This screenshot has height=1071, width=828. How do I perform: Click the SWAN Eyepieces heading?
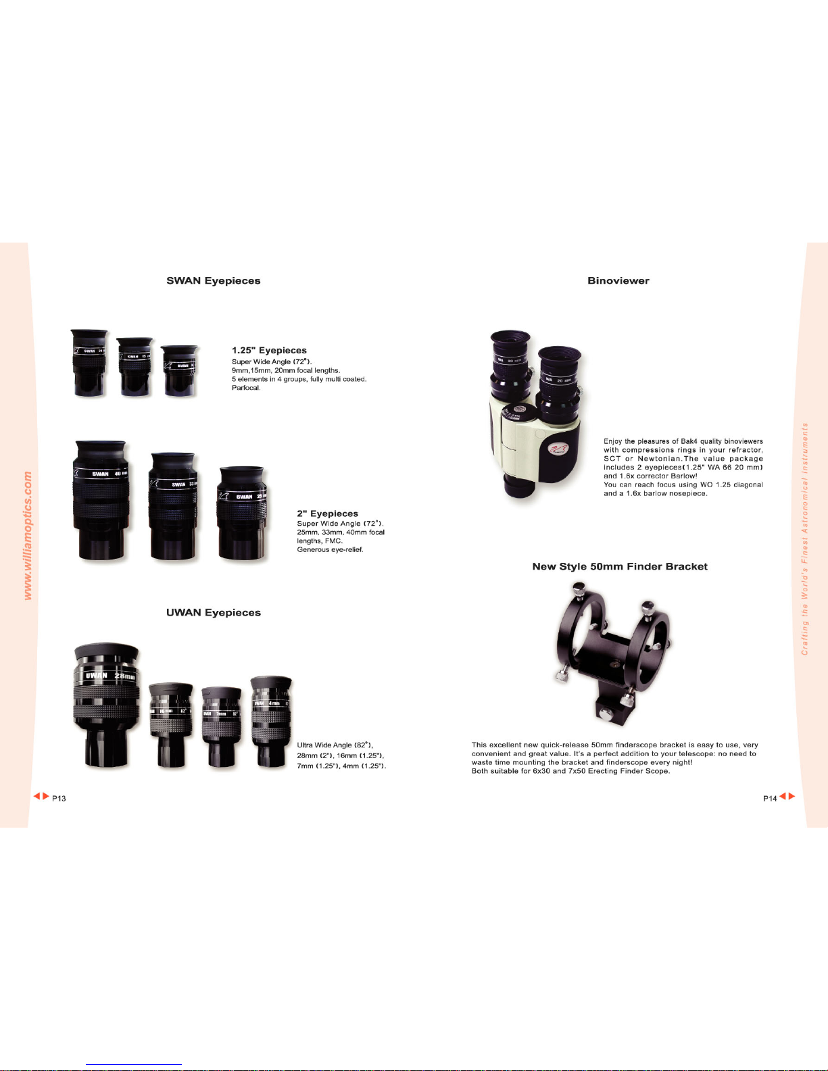click(214, 281)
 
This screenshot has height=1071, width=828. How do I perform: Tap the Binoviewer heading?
click(618, 281)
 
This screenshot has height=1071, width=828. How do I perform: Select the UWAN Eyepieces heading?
click(214, 613)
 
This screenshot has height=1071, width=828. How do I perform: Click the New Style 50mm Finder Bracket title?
click(620, 567)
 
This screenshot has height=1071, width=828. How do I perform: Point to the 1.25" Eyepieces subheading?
click(269, 351)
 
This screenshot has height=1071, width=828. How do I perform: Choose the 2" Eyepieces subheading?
click(327, 514)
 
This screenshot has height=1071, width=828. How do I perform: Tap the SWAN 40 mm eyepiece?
click(101, 500)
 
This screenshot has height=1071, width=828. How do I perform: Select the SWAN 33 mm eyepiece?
click(173, 505)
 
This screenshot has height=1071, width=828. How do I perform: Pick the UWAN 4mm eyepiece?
click(271, 722)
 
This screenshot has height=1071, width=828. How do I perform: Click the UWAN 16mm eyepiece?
click(170, 724)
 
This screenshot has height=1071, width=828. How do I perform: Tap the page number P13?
click(59, 799)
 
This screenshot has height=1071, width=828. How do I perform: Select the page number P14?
click(769, 799)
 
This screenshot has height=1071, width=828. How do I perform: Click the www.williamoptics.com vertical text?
click(28, 536)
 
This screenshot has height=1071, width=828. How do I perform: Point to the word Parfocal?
click(246, 388)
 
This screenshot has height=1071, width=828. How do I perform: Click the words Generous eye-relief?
click(330, 549)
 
